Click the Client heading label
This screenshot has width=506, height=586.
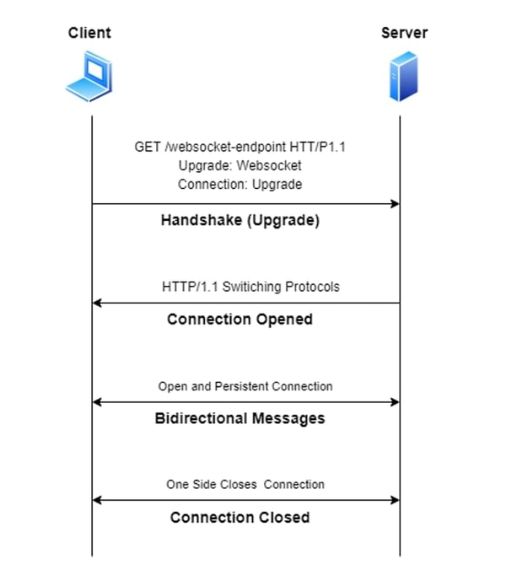[x=89, y=33]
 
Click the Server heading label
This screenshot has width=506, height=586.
[x=404, y=33]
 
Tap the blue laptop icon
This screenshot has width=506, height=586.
[x=89, y=75]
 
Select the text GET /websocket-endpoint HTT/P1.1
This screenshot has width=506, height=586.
[x=240, y=147]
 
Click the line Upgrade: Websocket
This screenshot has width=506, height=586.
[x=240, y=165]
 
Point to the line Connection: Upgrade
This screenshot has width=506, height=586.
[x=240, y=184]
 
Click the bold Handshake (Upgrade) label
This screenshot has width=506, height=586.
[x=240, y=222]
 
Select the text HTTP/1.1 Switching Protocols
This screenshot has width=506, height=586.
[x=250, y=287]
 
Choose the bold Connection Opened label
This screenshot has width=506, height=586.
[x=240, y=320]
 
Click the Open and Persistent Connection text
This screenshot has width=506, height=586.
[x=245, y=386]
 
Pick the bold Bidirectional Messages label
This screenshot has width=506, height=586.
[x=240, y=418]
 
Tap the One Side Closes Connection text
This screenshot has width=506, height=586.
[x=245, y=484]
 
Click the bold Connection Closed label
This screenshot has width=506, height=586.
[x=240, y=517]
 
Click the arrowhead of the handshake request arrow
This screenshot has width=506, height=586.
[x=394, y=204]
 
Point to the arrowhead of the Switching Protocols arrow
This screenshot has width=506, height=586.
[x=98, y=303]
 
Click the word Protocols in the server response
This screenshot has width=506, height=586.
[x=313, y=287]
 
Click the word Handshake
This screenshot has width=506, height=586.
[x=198, y=222]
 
